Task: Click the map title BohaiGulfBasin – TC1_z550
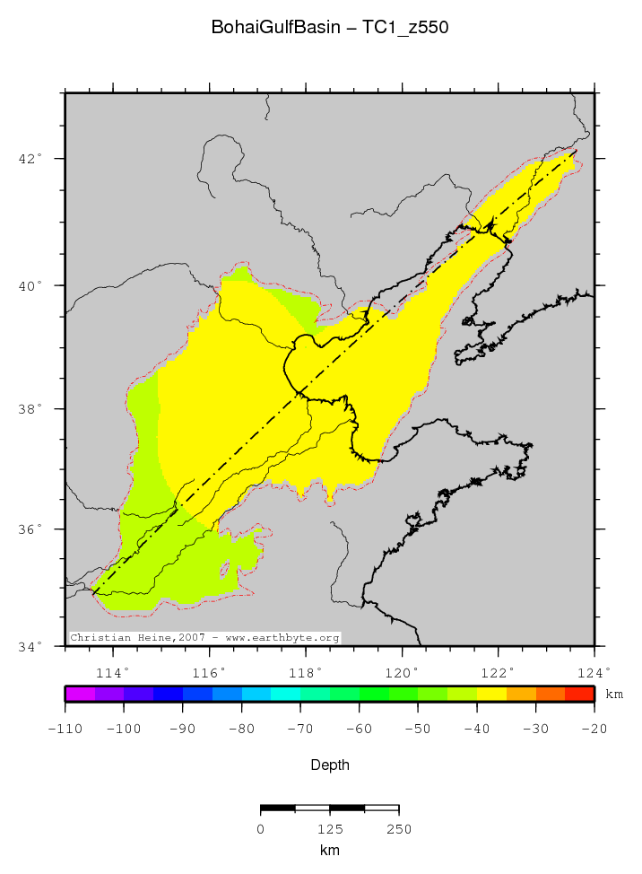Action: pos(330,28)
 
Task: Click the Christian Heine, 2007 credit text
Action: pos(205,638)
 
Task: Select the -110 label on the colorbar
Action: pos(65,729)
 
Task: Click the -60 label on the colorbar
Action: pos(359,729)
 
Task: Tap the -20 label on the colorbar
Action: pos(594,729)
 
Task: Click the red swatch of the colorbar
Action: pos(579,694)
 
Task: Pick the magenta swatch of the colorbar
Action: pos(80,694)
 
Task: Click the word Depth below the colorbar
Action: pos(330,765)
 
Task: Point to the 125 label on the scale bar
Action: pos(330,829)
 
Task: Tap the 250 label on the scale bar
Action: pos(399,829)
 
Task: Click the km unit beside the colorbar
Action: pos(614,695)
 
